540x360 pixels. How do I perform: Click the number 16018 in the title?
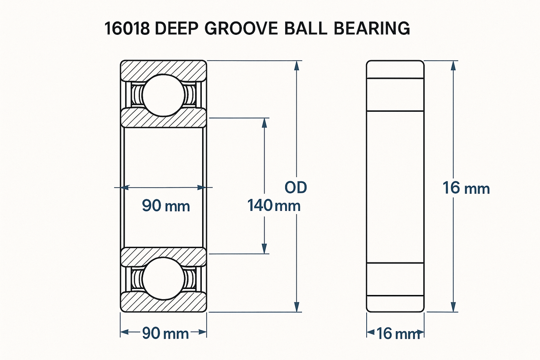click(127, 28)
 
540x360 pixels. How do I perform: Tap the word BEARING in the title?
click(372, 28)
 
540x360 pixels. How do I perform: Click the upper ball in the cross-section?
click(163, 95)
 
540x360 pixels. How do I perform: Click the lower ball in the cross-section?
click(163, 279)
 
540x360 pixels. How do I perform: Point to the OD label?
click(296, 188)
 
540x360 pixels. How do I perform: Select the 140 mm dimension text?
click(274, 206)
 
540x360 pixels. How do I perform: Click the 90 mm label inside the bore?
click(166, 206)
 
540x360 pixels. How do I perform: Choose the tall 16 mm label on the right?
click(466, 188)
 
